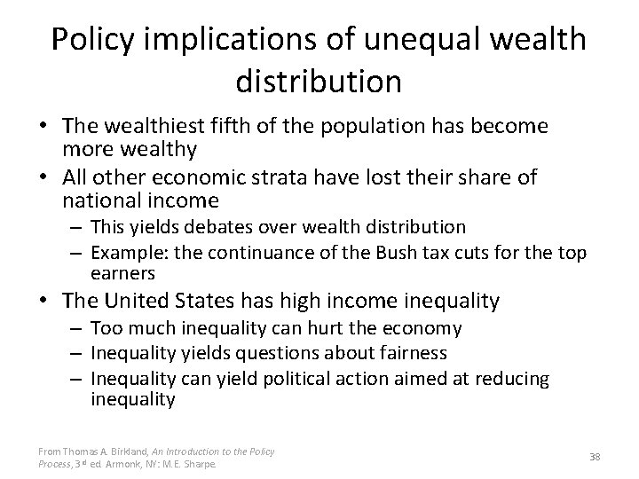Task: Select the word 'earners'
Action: (x=122, y=272)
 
